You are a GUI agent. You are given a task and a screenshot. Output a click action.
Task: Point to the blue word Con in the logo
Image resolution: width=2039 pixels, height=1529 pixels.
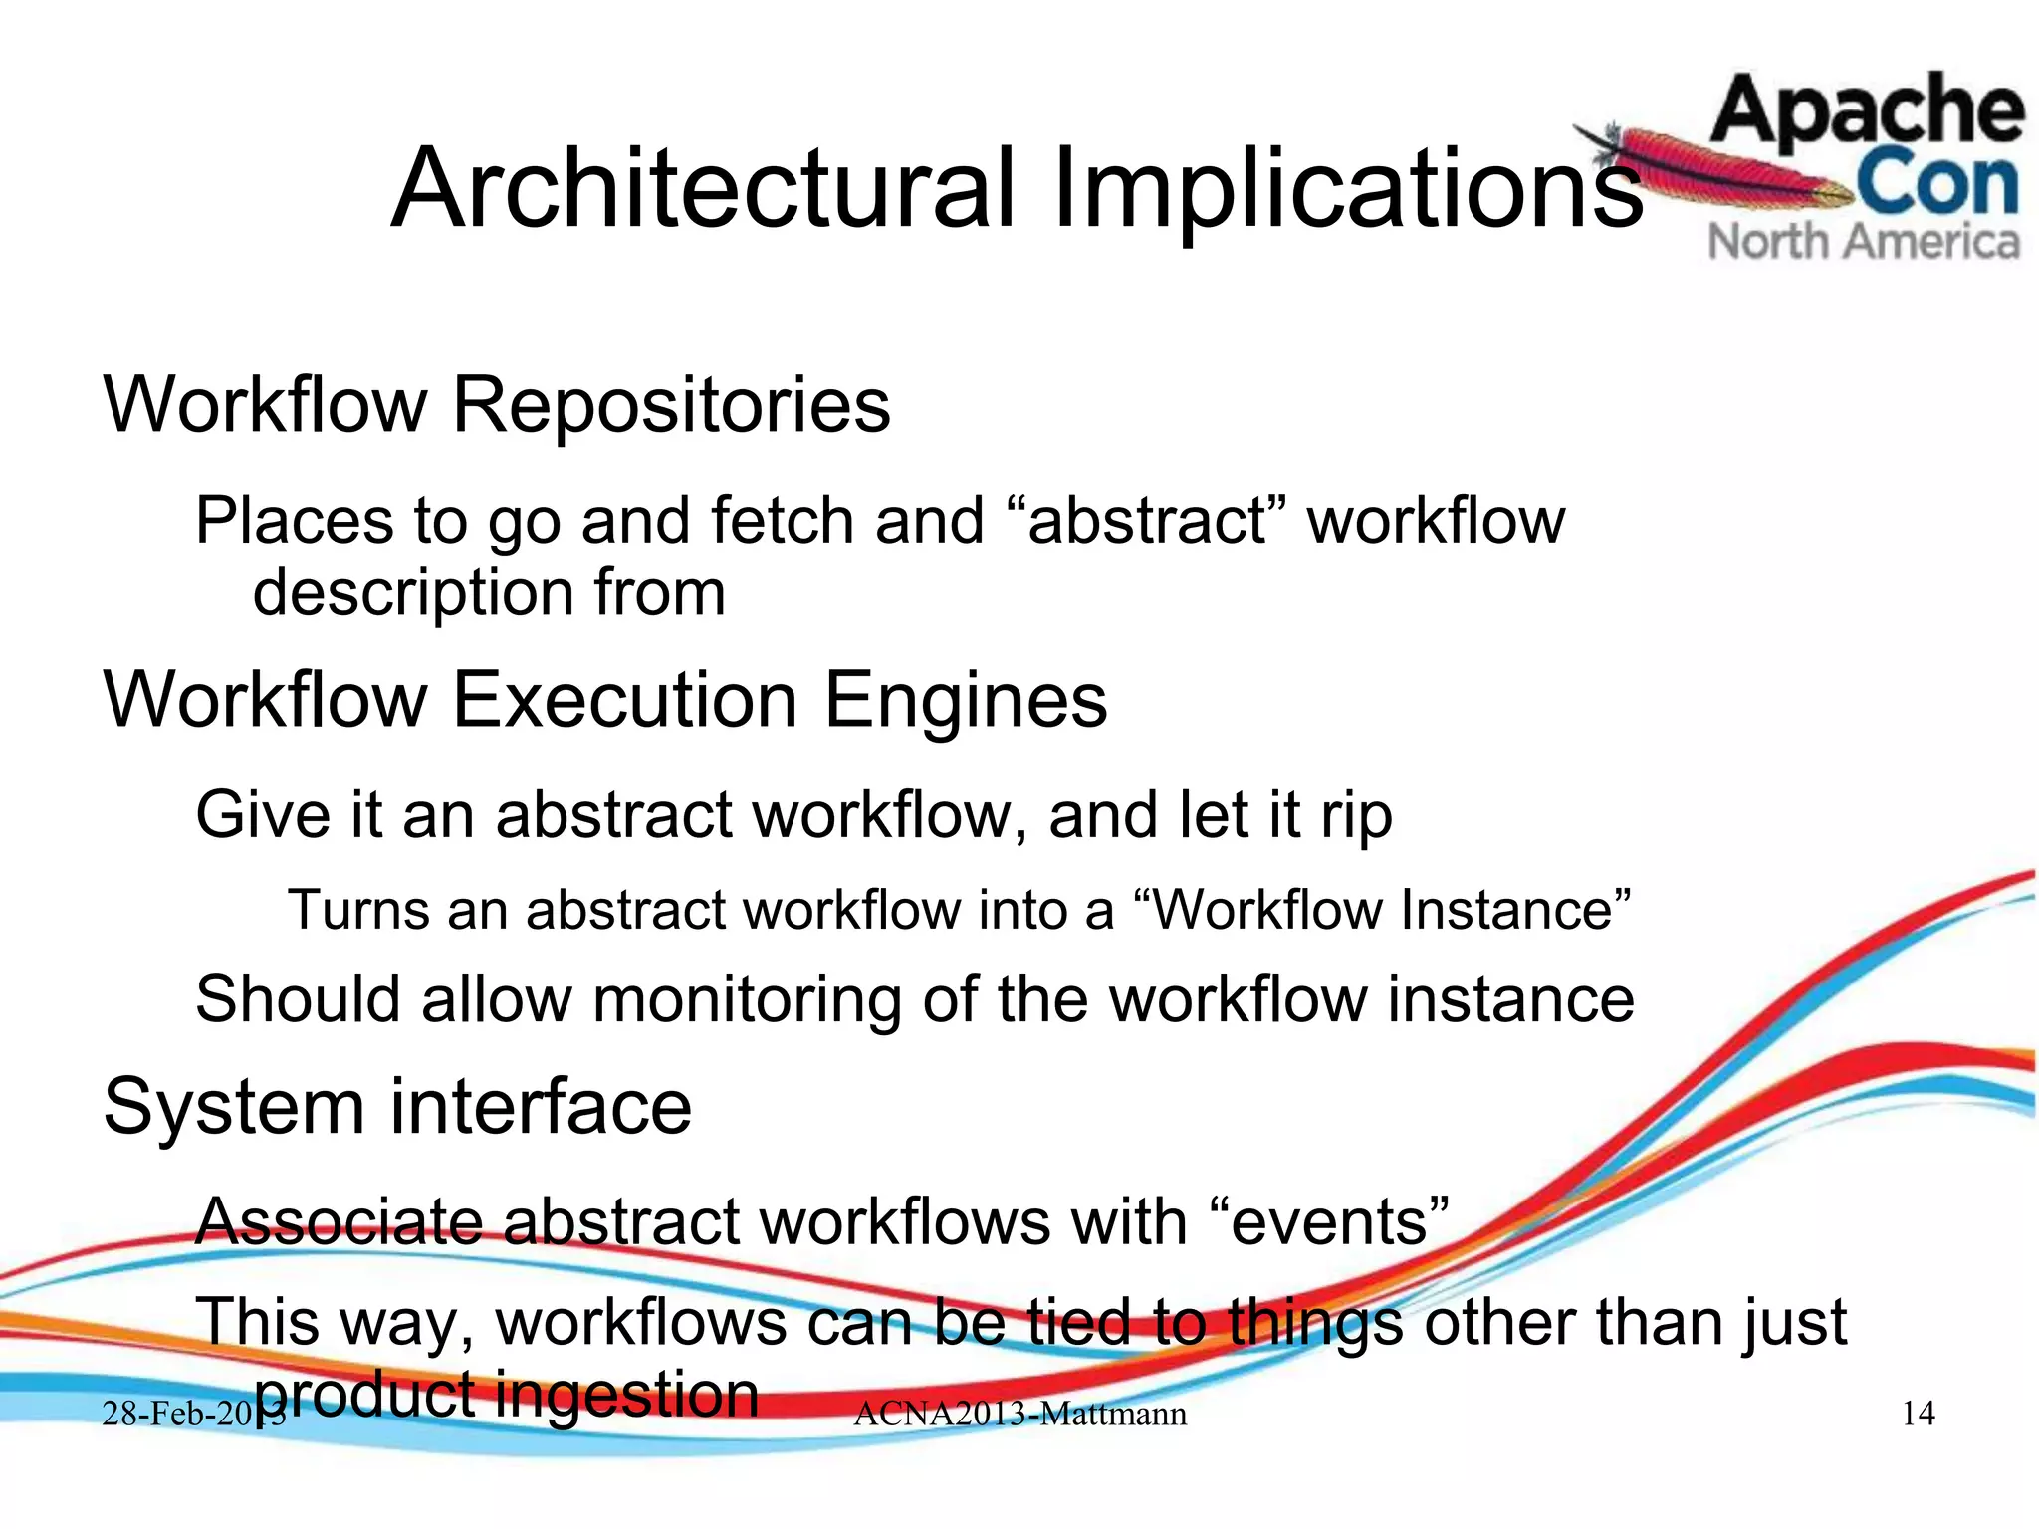click(1936, 183)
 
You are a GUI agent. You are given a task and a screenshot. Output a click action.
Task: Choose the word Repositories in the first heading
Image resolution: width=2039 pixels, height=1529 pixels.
click(671, 405)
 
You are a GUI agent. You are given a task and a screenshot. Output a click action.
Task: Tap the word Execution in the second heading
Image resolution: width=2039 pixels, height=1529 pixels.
click(624, 700)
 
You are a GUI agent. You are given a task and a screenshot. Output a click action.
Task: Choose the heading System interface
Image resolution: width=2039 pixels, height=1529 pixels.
click(397, 1106)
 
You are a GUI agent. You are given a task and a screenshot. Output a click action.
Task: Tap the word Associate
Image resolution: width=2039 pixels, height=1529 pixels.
click(339, 1221)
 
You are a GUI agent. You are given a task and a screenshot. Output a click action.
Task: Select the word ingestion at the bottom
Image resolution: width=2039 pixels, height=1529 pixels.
click(626, 1394)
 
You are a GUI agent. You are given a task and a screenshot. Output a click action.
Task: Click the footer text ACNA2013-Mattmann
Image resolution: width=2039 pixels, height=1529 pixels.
click(1019, 1414)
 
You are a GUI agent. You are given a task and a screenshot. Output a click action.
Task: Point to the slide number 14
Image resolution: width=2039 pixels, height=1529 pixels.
click(1918, 1414)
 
